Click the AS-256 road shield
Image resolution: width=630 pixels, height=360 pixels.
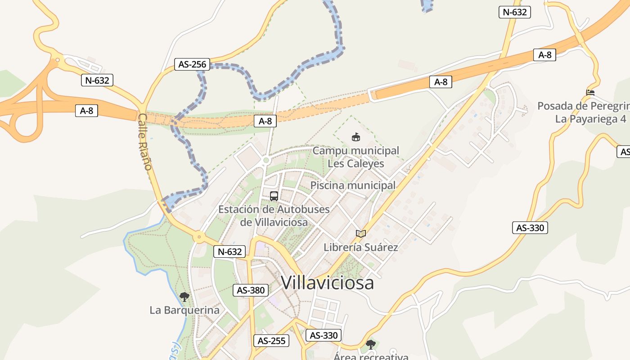click(192, 64)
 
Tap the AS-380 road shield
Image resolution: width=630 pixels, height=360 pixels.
click(251, 290)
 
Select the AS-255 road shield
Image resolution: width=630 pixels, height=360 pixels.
click(271, 341)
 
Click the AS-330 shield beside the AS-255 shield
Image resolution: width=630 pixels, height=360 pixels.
click(324, 335)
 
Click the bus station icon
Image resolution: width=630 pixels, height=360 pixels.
click(274, 196)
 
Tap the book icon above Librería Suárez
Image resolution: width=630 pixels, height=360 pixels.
click(360, 234)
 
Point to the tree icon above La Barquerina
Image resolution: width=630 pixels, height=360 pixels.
click(184, 297)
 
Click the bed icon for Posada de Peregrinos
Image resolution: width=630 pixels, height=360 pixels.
click(590, 93)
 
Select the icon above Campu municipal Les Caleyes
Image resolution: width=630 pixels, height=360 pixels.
click(356, 136)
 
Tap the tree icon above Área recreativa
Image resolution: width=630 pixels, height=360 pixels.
click(370, 345)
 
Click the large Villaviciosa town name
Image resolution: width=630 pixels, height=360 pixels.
click(328, 283)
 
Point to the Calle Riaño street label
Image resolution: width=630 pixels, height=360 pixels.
click(144, 142)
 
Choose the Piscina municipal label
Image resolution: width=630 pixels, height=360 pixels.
click(353, 185)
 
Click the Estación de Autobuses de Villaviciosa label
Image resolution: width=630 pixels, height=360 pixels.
click(274, 216)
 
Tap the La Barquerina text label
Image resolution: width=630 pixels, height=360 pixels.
click(184, 310)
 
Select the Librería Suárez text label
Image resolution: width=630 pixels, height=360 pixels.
click(361, 247)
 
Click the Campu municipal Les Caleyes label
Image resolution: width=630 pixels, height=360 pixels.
click(355, 157)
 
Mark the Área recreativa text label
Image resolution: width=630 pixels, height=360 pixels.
click(371, 356)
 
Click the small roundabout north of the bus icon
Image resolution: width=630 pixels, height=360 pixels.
click(266, 160)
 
